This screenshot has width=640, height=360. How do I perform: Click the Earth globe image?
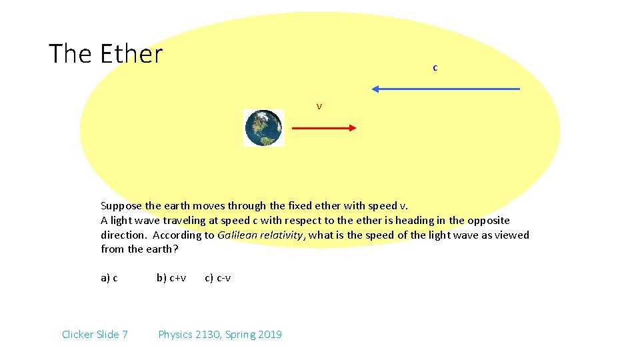(264, 128)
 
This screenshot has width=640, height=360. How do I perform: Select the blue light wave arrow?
(447, 89)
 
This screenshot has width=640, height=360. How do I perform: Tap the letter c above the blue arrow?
(435, 67)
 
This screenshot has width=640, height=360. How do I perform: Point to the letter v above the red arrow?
(319, 107)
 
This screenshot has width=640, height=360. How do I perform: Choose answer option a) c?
(109, 278)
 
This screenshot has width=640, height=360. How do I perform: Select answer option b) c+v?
(171, 278)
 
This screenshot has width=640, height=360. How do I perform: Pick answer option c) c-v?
(218, 278)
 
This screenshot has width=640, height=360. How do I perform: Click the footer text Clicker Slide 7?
(95, 334)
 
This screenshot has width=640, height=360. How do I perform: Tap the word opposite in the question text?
(489, 220)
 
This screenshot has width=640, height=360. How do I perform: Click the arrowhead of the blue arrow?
(375, 89)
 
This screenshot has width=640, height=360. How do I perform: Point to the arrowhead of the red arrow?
(353, 129)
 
